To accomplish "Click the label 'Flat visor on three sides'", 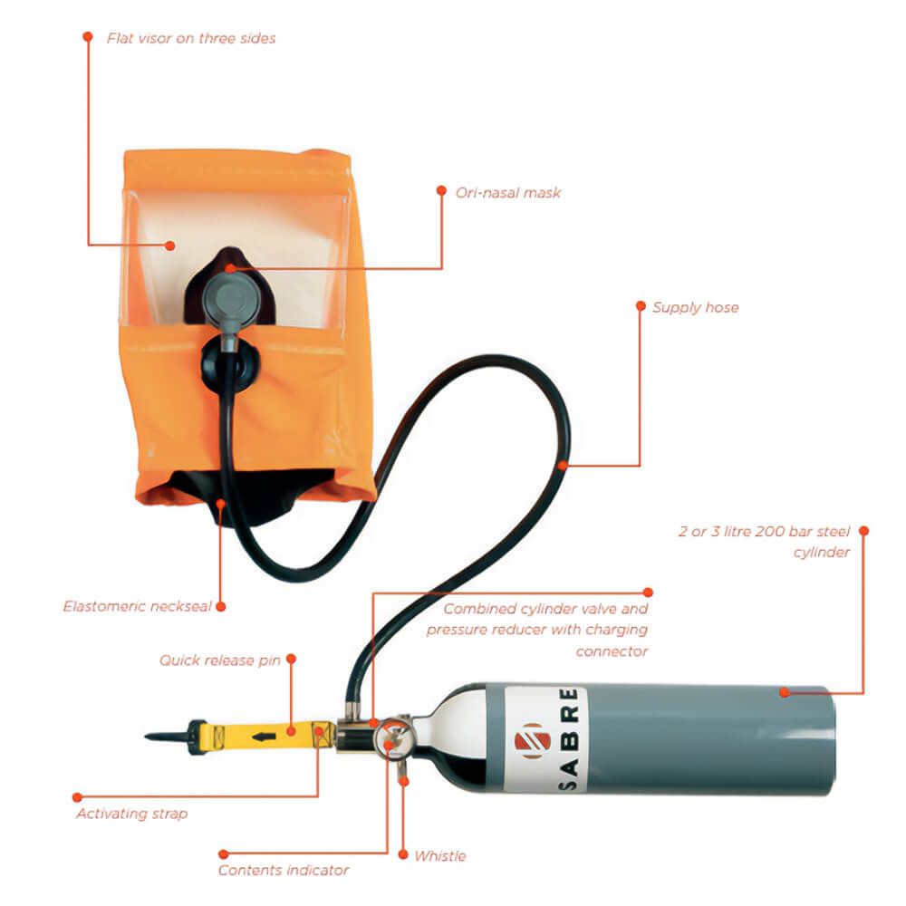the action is [x=191, y=39].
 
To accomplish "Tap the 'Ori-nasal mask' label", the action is [x=508, y=193].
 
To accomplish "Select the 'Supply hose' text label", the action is [x=696, y=307].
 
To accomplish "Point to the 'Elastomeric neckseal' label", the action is [x=138, y=607].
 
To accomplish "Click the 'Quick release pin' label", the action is [x=220, y=660].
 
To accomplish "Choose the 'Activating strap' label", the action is [x=131, y=814].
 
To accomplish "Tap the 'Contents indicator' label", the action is [x=283, y=870].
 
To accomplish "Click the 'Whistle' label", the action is [x=440, y=856].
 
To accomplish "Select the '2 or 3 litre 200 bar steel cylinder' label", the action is [x=765, y=542].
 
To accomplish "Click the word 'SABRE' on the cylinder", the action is [x=569, y=738].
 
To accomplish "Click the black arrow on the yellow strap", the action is [x=264, y=737].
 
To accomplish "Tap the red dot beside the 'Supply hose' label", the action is [x=641, y=305].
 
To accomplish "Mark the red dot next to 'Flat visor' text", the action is [x=88, y=37].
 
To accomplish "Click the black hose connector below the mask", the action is [x=230, y=364].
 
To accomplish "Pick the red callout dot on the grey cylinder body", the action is [x=784, y=692].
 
